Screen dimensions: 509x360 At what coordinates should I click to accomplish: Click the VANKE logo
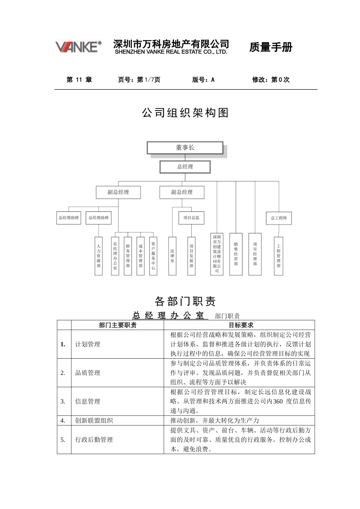pos(78,47)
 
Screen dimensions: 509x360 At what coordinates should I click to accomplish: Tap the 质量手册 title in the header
pos(271,47)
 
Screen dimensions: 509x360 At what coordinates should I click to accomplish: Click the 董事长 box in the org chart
pos(185,148)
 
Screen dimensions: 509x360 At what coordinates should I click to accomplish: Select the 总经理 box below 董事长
pos(185,167)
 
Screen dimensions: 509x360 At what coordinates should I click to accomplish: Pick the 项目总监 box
pos(191,218)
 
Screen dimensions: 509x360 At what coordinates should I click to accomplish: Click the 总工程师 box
pos(279,218)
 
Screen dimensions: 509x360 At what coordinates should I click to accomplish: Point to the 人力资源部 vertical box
pos(99,256)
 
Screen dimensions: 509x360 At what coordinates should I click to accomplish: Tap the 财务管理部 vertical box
pos(128,256)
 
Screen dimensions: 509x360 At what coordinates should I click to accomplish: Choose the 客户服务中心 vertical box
pos(153,256)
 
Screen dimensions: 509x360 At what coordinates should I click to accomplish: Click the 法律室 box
pos(172,256)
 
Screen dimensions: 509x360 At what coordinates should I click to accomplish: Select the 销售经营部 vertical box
pos(236,254)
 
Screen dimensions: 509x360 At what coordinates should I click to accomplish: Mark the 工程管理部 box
pos(279,256)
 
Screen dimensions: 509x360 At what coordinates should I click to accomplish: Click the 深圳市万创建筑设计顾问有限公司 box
pos(217,254)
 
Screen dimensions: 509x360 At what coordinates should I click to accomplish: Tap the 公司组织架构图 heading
pos(185,112)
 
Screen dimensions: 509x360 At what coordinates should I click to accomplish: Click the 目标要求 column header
pos(241,325)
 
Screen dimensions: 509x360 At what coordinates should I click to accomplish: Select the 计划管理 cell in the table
pos(88,344)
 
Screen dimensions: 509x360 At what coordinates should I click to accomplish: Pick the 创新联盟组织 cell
pos(94,420)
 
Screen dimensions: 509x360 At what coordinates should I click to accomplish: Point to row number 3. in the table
pos(63,401)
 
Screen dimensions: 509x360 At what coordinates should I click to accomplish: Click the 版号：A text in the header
pos(203,80)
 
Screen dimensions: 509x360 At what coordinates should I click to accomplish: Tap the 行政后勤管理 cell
pos(94,440)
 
